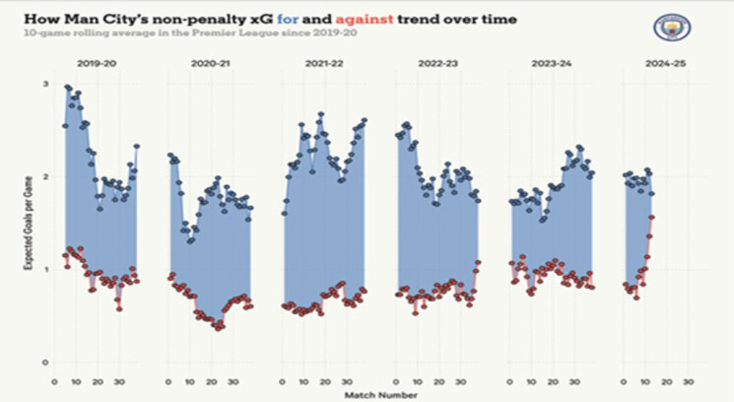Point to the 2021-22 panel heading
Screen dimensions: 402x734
pos(321,63)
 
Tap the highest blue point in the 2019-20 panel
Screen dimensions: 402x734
pos(67,87)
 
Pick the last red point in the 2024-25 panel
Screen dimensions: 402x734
pos(652,218)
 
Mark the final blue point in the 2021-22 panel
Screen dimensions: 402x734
pos(364,120)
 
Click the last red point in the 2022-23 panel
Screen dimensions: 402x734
pos(478,262)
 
